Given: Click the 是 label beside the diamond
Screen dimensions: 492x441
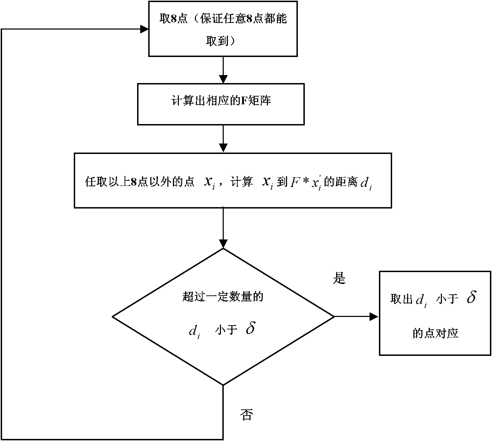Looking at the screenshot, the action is pos(339,278).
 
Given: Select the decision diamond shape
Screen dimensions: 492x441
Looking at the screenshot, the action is pos(223,317).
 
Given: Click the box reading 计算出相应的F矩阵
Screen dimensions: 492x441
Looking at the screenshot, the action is pos(221,104).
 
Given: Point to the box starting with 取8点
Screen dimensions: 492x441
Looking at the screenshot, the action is pos(223,29).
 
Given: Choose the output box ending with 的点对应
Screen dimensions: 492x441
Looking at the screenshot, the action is pos(435,313).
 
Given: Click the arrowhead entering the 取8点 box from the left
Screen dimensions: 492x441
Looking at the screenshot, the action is pos(144,29).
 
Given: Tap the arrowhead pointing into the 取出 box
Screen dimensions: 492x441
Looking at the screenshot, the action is pos(374,317).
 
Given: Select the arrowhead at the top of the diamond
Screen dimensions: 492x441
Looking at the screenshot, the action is pos(223,244).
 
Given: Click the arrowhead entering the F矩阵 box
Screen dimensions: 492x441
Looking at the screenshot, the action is pos(223,79).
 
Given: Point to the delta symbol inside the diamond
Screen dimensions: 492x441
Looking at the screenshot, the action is pos(251,328).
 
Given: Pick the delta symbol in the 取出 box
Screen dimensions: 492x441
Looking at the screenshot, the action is pos(471,297).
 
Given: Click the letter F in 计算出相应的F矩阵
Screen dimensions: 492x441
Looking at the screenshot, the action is pos(244,101).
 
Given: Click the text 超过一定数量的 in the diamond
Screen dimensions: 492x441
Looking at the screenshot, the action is pos(223,296).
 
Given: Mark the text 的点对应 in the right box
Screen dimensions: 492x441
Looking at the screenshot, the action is pos(435,333).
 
